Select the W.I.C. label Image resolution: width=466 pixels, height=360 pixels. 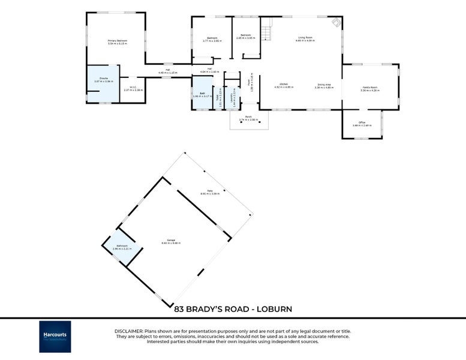133,88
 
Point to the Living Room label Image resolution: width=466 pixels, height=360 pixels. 305,37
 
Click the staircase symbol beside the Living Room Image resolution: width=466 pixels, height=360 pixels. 267,28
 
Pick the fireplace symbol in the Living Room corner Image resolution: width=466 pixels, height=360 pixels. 336,23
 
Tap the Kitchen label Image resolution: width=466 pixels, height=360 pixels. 284,85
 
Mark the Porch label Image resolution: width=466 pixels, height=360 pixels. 248,117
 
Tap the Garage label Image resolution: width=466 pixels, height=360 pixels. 171,241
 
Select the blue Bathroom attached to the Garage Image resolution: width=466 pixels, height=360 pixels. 121,247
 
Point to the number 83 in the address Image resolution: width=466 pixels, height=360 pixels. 179,309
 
